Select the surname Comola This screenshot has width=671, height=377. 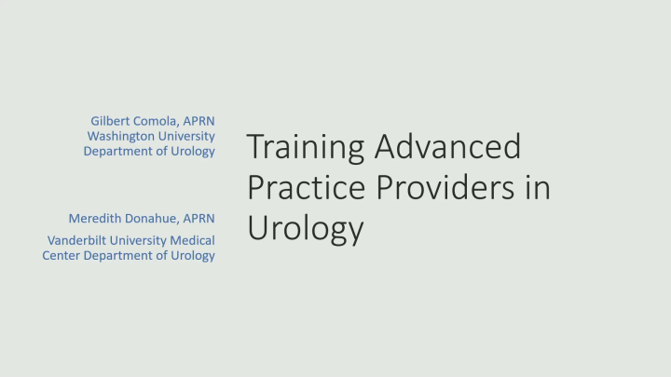tap(158, 121)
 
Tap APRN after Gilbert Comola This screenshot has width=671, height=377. tap(200, 121)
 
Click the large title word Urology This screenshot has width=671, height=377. tap(305, 228)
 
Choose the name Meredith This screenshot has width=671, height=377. tap(97, 218)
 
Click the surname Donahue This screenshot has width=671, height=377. tap(154, 218)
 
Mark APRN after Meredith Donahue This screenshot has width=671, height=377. tap(199, 218)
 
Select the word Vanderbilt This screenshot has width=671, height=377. tap(77, 240)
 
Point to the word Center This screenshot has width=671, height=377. tap(62, 255)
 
